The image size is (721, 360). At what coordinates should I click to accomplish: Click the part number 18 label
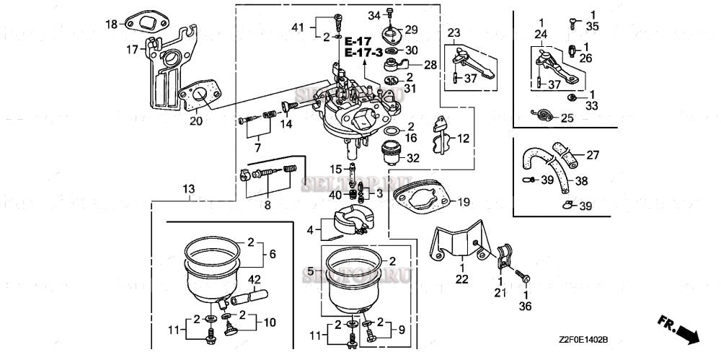(x=111, y=25)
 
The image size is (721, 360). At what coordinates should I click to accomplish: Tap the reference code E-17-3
(x=363, y=53)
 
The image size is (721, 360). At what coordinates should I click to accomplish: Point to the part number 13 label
(x=188, y=189)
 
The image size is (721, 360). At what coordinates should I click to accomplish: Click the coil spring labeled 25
(x=541, y=114)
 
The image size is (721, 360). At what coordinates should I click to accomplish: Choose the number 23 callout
(x=453, y=32)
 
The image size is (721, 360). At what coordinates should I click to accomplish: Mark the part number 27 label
(x=592, y=154)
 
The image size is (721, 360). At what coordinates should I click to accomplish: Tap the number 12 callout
(x=463, y=137)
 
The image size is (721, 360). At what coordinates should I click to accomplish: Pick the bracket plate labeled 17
(x=162, y=72)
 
